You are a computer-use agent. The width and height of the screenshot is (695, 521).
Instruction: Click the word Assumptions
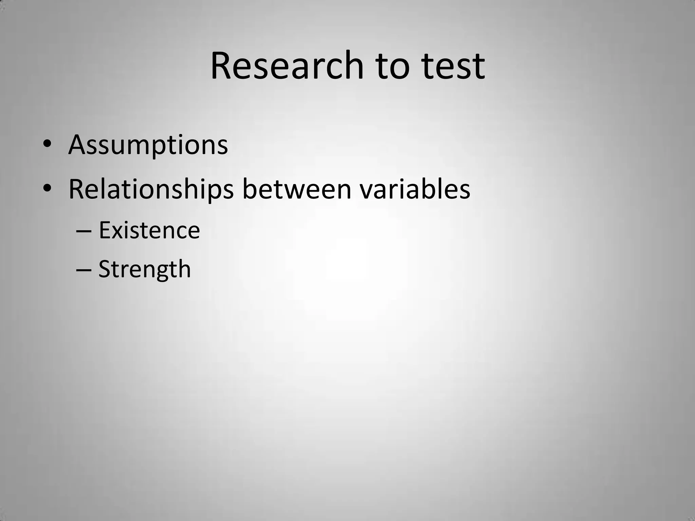click(x=148, y=145)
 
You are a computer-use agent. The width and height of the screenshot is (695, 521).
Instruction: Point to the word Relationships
click(x=151, y=189)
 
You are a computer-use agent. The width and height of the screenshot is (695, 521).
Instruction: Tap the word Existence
click(x=149, y=230)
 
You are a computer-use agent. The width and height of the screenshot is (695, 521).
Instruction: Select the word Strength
click(x=145, y=269)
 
